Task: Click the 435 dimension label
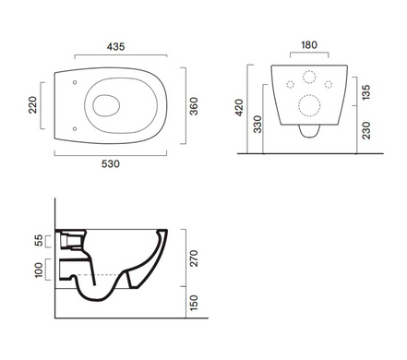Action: click(116, 47)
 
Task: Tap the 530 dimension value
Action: click(111, 163)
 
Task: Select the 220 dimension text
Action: click(32, 105)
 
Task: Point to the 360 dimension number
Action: click(194, 106)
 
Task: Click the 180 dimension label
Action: click(309, 45)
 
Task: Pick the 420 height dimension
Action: click(239, 107)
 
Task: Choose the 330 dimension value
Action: click(257, 124)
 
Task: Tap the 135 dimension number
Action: click(366, 92)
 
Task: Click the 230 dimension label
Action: click(366, 130)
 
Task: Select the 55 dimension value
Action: click(39, 240)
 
